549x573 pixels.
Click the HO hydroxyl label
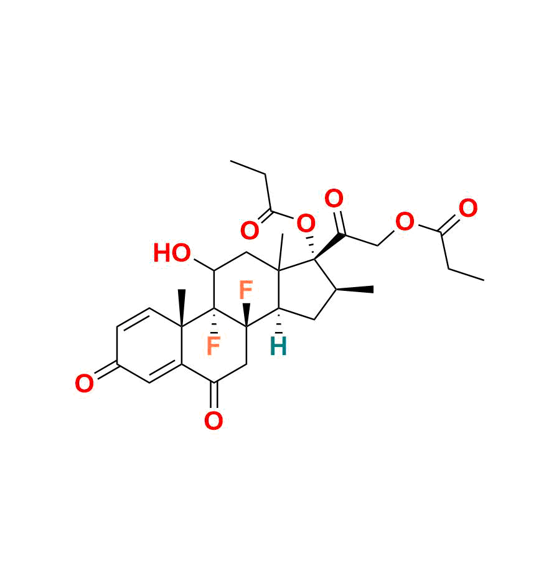click(x=172, y=253)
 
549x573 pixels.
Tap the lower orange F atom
click(x=213, y=347)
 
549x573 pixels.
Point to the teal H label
click(x=278, y=347)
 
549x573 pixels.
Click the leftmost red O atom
click(x=84, y=384)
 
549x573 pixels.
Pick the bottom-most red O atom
click(x=213, y=422)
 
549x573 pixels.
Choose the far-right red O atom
click(x=467, y=209)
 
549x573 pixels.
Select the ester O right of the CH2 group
click(x=405, y=221)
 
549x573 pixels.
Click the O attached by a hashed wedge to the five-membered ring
click(x=306, y=222)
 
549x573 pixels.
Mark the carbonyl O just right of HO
click(x=250, y=231)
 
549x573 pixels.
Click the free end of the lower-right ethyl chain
click(x=484, y=280)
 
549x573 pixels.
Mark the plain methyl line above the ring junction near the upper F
click(x=281, y=252)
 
